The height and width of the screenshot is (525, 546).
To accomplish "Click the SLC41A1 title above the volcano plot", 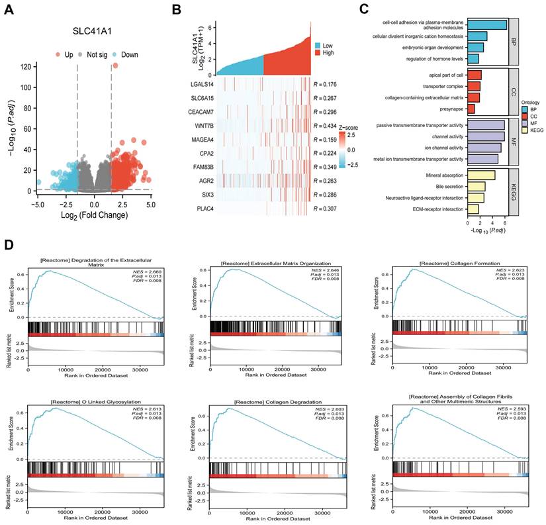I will (x=91, y=30).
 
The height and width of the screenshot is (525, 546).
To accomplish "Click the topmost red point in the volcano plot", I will (x=115, y=66).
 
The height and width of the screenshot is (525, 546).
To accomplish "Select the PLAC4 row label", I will (x=201, y=210).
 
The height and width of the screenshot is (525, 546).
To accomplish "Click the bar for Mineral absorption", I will (x=482, y=175).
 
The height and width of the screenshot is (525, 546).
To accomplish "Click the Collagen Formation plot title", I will (x=451, y=263).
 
